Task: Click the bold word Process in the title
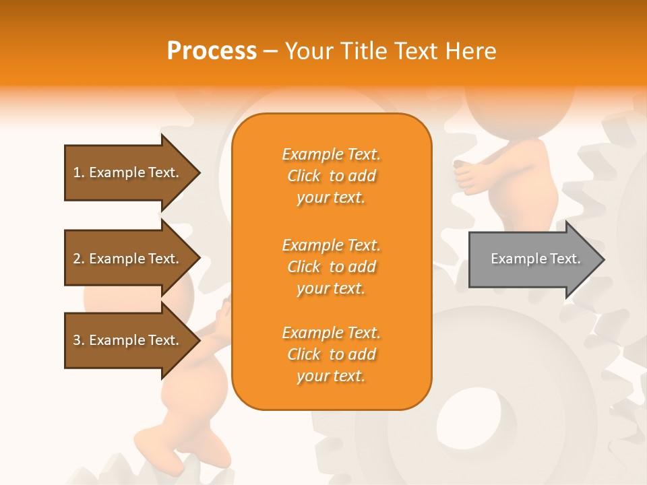212,51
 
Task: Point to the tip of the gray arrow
603,259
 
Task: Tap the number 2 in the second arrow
77,259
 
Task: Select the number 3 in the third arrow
77,340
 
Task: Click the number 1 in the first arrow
77,172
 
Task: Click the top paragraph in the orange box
331,176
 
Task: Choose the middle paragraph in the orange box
331,267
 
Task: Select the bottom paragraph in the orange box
331,354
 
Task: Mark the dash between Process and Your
271,52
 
